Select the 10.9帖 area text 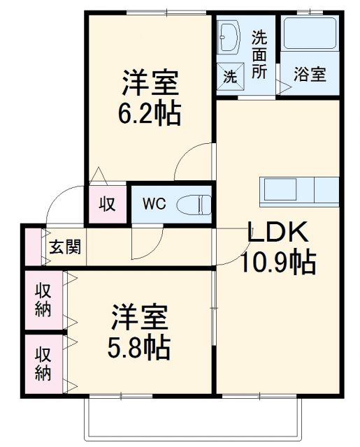pos(278,262)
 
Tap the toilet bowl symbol pos(195,204)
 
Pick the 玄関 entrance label pos(66,247)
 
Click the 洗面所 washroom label pos(259,53)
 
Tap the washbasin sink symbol pos(229,36)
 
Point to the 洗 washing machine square pos(229,77)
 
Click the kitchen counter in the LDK pos(299,189)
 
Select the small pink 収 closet pos(107,205)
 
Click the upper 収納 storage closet pos(43,300)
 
